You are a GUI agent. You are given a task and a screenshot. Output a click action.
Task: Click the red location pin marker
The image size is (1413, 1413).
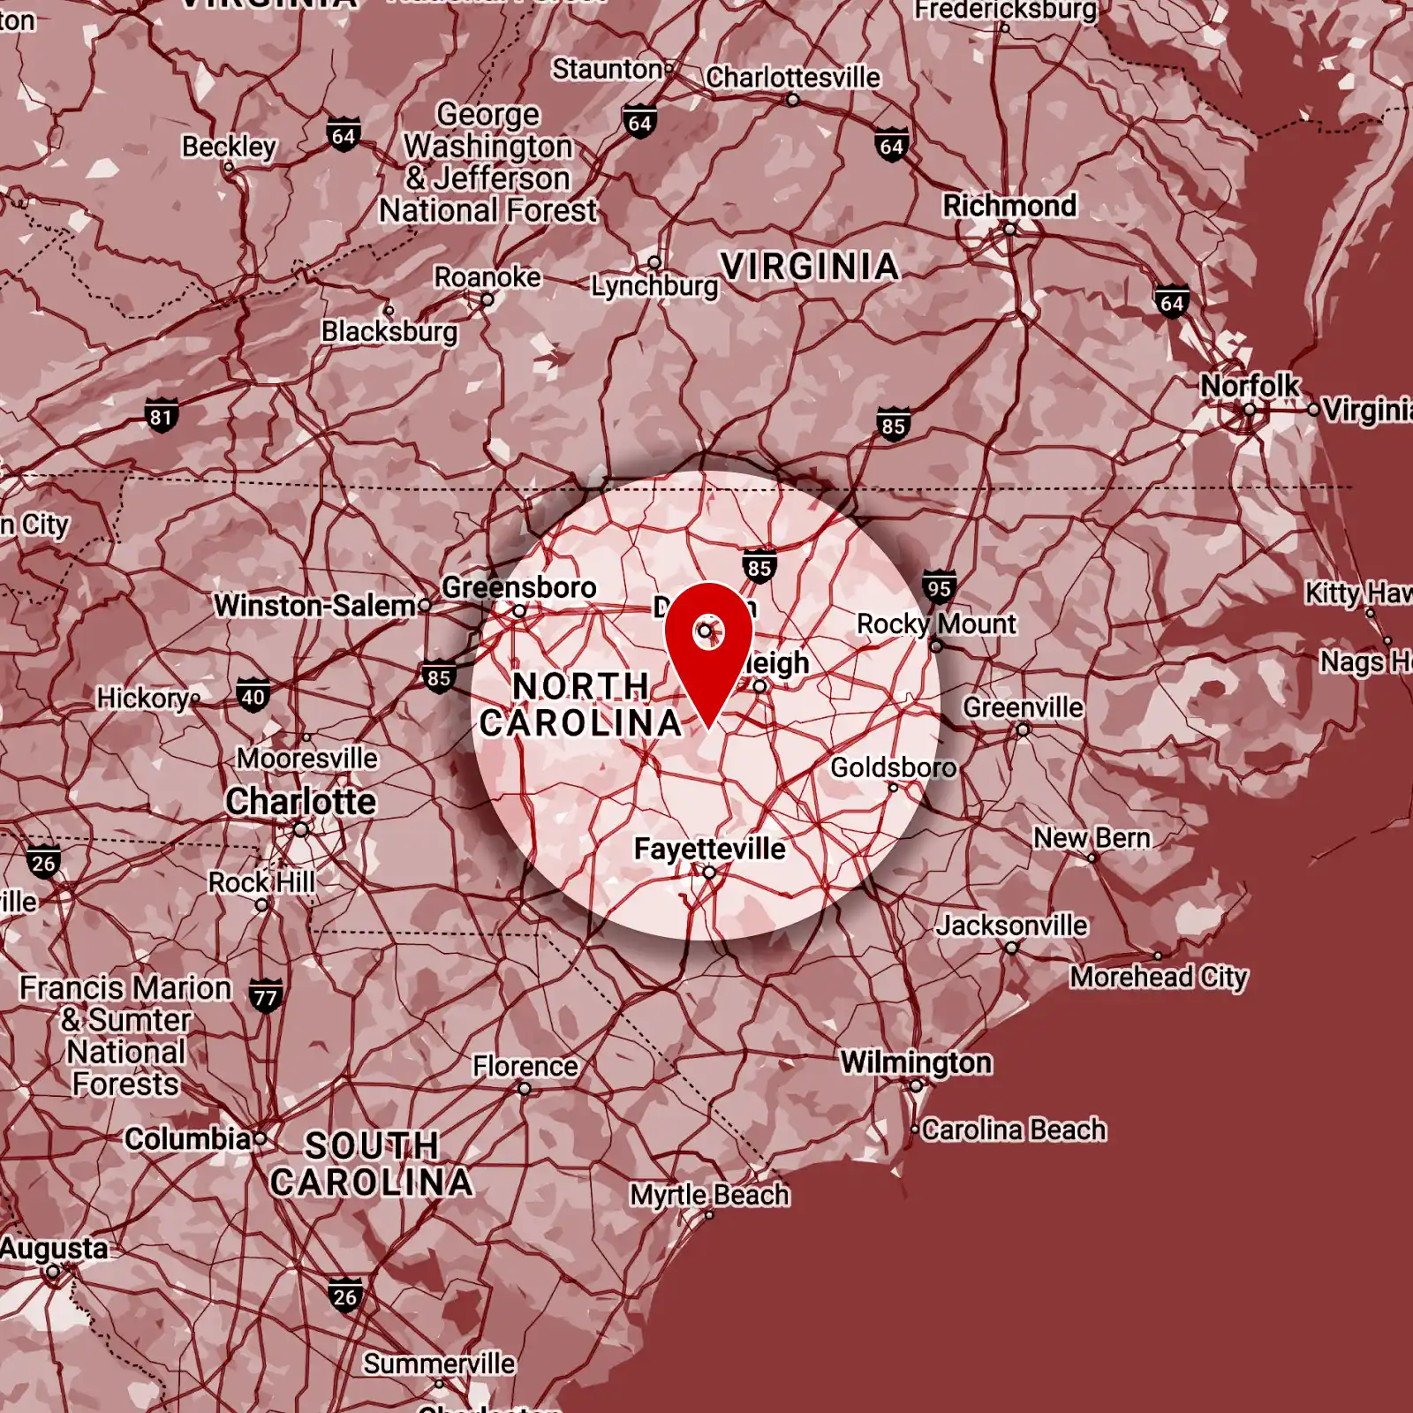[708, 645]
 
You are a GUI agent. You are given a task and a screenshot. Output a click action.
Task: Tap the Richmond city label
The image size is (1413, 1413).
[1009, 206]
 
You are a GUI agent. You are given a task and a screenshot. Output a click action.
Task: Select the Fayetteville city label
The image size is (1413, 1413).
[709, 849]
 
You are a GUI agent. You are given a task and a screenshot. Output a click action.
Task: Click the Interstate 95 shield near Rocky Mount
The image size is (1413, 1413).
[939, 588]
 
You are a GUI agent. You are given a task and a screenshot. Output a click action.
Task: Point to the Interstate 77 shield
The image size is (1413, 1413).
[265, 997]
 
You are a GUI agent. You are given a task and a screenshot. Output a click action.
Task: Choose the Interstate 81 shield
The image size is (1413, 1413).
[161, 416]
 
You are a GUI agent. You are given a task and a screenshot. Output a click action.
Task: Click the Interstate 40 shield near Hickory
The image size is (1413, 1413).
[253, 696]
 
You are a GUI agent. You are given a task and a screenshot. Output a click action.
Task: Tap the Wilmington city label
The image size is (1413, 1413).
[916, 1062]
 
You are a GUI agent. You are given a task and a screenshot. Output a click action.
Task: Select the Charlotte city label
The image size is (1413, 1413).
[301, 801]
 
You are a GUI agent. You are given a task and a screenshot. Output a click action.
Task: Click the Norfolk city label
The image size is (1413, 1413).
[1249, 386]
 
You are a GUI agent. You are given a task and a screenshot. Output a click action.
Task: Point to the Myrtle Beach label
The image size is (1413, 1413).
[709, 1195]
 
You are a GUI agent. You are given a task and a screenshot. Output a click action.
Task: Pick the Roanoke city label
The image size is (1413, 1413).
[487, 277]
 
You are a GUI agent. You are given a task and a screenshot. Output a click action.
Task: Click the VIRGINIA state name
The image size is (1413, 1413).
[809, 267]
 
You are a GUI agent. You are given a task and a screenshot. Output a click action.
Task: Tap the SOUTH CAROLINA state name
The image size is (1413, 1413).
[372, 1164]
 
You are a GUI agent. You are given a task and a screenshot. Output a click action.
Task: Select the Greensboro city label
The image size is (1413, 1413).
[518, 587]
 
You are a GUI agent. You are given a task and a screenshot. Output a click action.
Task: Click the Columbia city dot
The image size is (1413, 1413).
[260, 1138]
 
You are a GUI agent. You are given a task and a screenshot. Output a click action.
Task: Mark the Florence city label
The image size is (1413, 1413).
[525, 1066]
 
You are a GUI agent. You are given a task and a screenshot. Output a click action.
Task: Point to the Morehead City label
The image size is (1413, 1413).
[1159, 977]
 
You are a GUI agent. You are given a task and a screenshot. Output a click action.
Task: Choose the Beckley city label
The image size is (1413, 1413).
[229, 146]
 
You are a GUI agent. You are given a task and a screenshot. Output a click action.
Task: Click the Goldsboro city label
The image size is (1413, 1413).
[893, 767]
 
